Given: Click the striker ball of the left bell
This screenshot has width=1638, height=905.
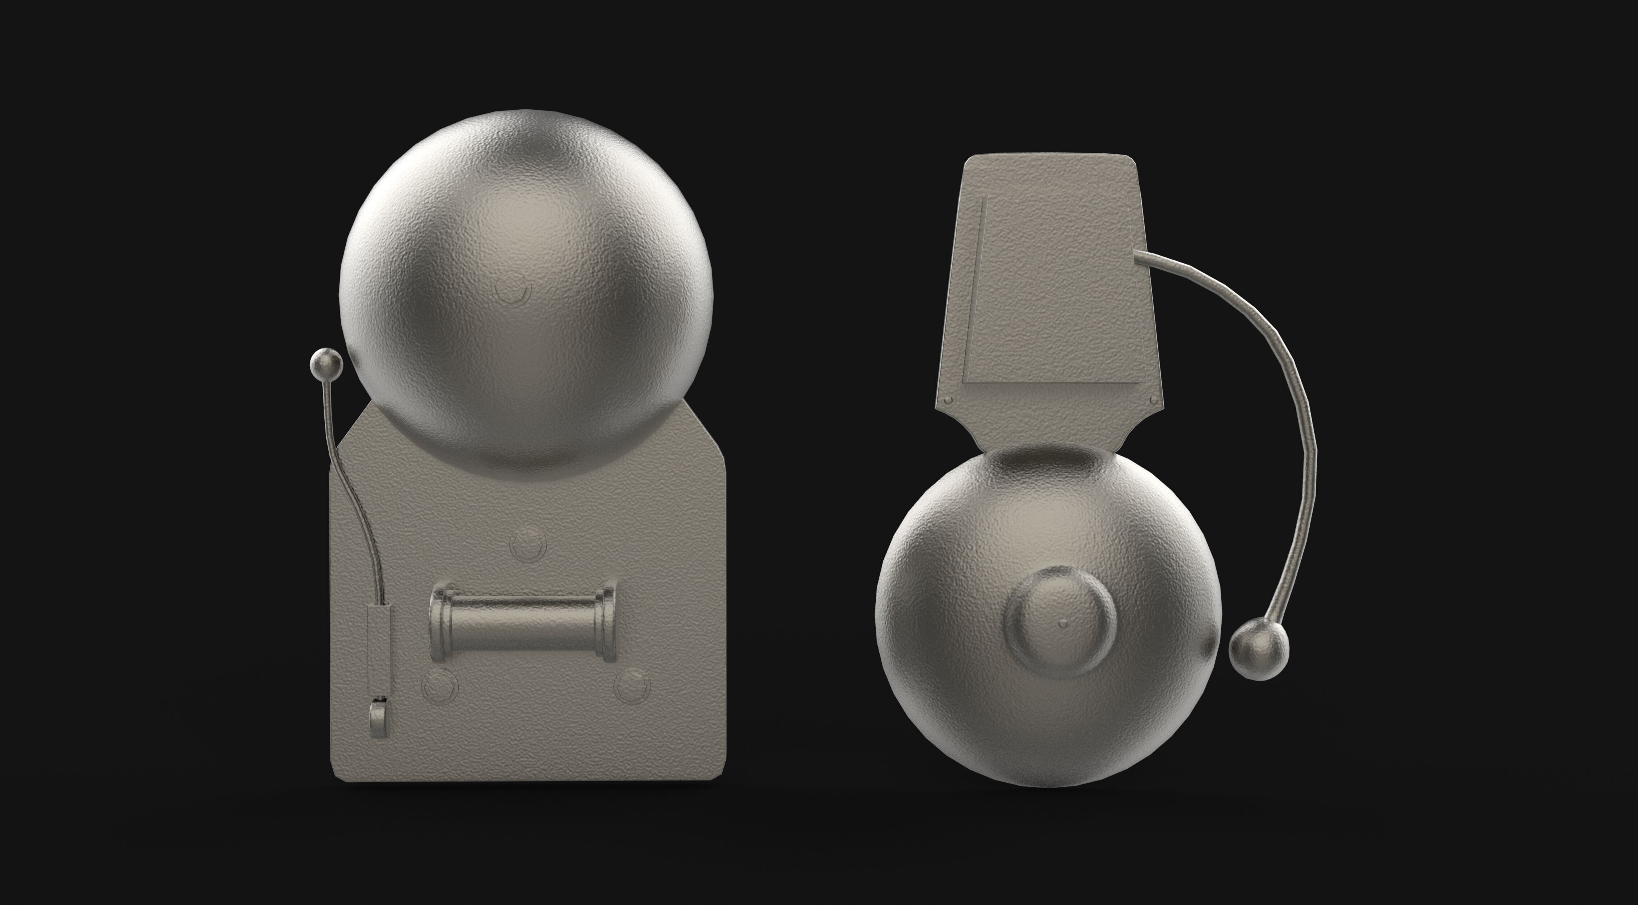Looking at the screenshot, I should click(325, 365).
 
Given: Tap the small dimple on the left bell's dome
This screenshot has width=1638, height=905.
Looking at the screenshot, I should click(513, 292).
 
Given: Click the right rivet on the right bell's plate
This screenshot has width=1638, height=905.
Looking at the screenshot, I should click(1154, 399).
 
